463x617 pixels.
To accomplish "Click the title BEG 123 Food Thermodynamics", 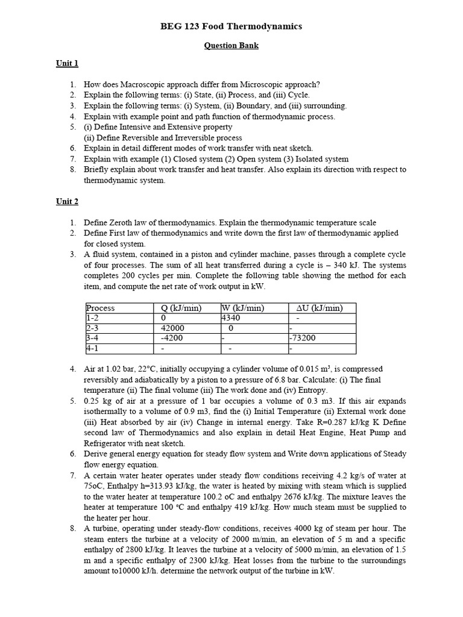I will point(231,27).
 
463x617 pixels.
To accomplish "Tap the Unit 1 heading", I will point(68,63).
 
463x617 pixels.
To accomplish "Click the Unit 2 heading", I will point(68,202).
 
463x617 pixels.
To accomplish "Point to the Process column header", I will point(101,308).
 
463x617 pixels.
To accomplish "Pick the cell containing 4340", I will point(231,318).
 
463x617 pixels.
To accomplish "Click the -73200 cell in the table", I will point(303,338).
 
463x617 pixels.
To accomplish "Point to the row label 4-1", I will point(93,348).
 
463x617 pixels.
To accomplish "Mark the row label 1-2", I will point(93,318).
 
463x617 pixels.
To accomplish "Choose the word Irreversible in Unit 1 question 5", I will point(186,137).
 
